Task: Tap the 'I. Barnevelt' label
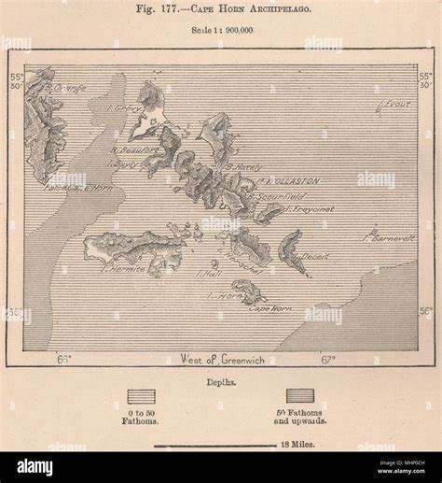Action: click(387, 237)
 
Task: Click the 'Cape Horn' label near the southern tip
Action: click(271, 307)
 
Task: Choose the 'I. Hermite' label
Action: click(123, 269)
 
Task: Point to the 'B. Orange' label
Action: click(65, 88)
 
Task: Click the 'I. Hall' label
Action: click(208, 274)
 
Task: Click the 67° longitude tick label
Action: click(328, 358)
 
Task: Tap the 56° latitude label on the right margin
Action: click(425, 311)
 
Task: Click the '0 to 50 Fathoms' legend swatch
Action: click(141, 396)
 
